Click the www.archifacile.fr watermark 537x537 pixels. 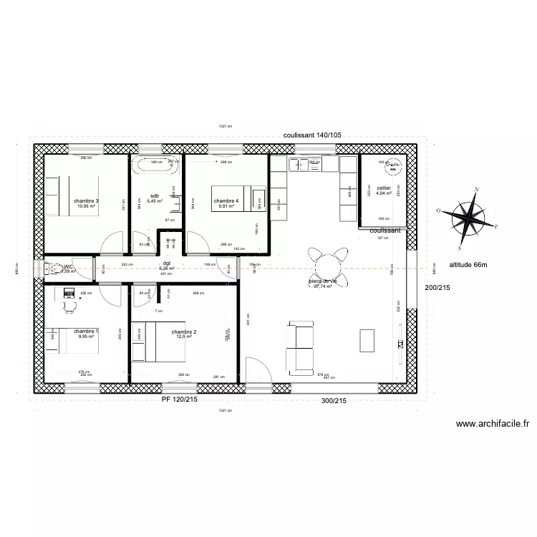coord(492,424)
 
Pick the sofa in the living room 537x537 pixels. coord(299,347)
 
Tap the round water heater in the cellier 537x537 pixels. coord(392,169)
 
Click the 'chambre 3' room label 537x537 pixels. coord(86,201)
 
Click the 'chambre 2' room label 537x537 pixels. coord(184,332)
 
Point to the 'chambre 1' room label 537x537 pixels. coord(86,332)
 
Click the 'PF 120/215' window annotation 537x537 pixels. coord(179,400)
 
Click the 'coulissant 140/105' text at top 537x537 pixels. coord(312,135)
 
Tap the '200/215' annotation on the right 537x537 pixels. coord(438,288)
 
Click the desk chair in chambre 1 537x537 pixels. coord(69,306)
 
